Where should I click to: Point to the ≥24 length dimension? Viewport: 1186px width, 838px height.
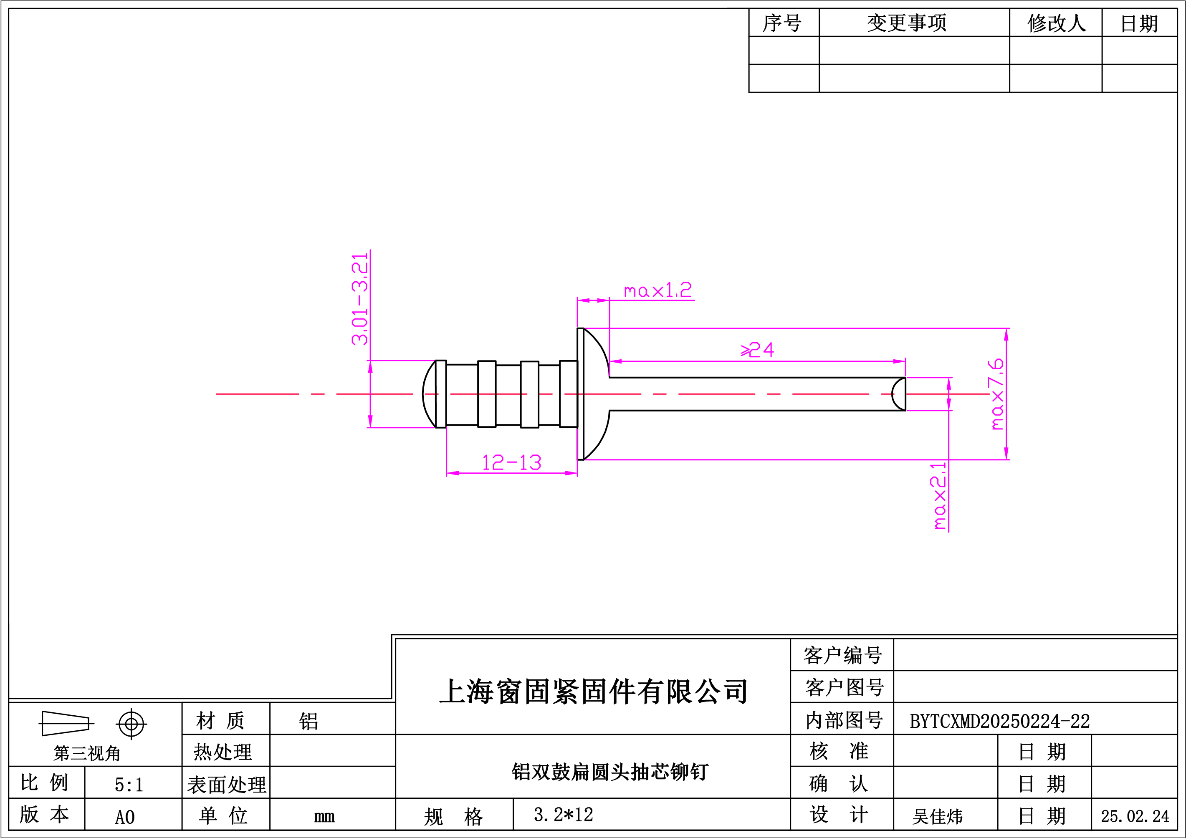pos(757,350)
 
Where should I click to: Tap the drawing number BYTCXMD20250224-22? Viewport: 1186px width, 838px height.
pos(999,721)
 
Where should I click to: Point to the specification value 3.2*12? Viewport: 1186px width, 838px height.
pos(564,815)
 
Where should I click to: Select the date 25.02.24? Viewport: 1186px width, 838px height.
pos(1135,816)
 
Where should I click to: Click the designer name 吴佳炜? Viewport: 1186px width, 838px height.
pos(938,816)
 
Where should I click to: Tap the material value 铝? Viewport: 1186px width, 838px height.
pos(309,721)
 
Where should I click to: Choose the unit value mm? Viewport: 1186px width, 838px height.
pos(324,816)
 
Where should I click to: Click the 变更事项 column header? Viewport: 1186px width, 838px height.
pos(907,23)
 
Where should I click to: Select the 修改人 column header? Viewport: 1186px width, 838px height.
pos(1057,23)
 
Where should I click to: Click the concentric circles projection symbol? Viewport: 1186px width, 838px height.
pos(131,724)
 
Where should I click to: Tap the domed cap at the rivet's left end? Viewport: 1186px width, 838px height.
pos(429,394)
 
